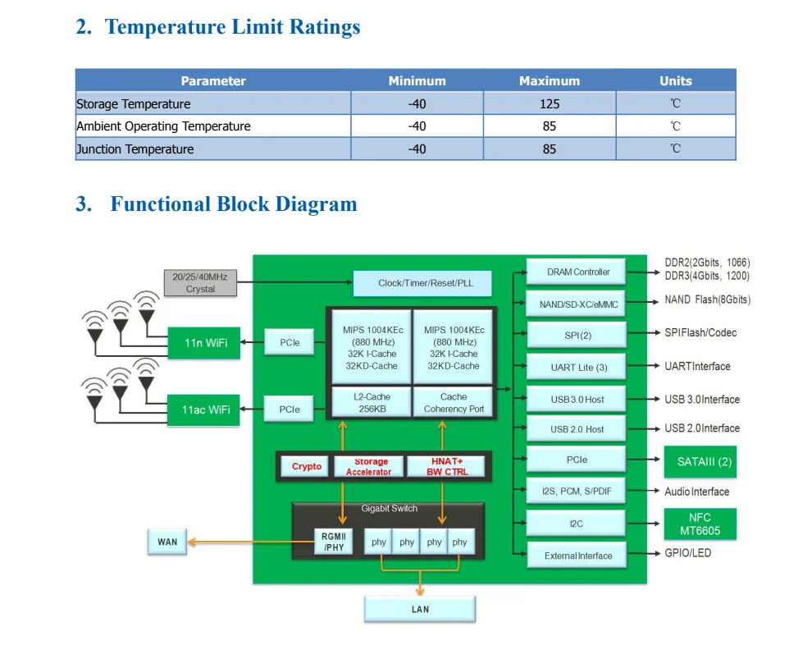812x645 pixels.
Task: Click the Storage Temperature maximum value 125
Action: (549, 103)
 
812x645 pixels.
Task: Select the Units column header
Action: (675, 80)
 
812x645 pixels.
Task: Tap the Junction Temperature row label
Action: (135, 149)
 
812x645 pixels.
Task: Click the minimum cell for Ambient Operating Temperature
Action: (417, 126)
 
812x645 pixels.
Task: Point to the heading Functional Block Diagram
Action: (234, 204)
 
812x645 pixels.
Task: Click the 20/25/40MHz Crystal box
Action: (200, 283)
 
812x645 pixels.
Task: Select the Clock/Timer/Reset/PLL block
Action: (424, 283)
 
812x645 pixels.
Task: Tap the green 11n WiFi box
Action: (204, 342)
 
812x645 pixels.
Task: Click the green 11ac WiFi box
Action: (204, 409)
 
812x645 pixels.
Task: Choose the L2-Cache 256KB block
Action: (371, 402)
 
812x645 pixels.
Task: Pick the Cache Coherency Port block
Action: (454, 402)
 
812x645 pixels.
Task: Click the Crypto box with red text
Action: (306, 467)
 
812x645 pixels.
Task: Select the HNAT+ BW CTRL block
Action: (446, 467)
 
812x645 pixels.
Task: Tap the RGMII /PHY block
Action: (335, 542)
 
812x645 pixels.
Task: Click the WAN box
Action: (167, 542)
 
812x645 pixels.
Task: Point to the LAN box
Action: (420, 609)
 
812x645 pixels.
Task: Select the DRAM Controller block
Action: (577, 272)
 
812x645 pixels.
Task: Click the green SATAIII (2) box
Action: (700, 461)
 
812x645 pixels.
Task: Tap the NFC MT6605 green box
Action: (700, 524)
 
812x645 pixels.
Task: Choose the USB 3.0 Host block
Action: (577, 400)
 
